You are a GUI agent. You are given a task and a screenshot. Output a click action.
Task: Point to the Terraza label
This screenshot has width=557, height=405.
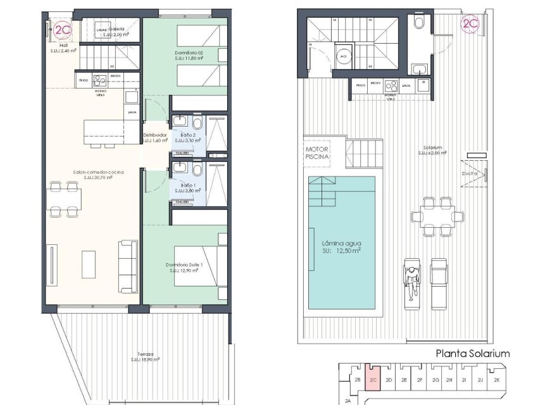pyautogui.click(x=145, y=356)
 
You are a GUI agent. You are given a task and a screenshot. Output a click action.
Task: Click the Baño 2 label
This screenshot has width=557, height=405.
pyautogui.click(x=187, y=137)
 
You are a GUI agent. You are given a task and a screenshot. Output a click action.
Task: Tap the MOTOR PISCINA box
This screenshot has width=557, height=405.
pyautogui.click(x=314, y=153)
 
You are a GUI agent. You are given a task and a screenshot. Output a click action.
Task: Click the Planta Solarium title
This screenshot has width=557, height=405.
pyautogui.click(x=472, y=354)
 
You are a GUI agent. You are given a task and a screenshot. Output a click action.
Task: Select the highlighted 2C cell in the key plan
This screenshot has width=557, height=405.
pyautogui.click(x=373, y=380)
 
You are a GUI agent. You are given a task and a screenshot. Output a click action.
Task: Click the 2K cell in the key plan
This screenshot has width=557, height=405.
pyautogui.click(x=496, y=380)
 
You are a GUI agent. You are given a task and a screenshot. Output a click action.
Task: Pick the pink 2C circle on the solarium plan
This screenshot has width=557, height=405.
pyautogui.click(x=470, y=25)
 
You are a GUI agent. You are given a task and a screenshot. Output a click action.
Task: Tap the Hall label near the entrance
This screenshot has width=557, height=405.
pyautogui.click(x=63, y=48)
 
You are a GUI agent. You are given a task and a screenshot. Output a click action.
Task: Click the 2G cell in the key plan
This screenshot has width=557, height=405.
pyautogui.click(x=435, y=380)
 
